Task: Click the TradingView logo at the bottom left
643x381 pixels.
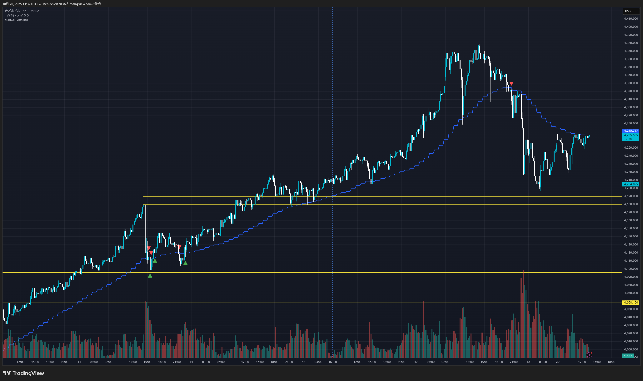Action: [23, 373]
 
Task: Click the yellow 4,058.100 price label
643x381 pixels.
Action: [631, 302]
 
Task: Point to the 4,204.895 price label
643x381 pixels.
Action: [631, 184]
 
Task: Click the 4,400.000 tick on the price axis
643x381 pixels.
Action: [631, 27]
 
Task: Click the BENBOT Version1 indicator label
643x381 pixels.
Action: [16, 20]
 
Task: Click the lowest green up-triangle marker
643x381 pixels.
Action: [150, 276]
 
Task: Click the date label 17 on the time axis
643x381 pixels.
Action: [416, 362]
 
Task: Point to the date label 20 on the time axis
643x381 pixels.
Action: [557, 362]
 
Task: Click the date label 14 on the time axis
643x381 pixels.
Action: [79, 362]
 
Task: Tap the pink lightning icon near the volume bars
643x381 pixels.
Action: [589, 355]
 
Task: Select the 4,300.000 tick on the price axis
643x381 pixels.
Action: [631, 107]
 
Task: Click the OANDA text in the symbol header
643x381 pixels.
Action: [34, 11]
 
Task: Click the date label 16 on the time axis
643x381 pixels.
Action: [304, 362]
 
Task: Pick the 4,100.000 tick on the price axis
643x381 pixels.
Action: [631, 269]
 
